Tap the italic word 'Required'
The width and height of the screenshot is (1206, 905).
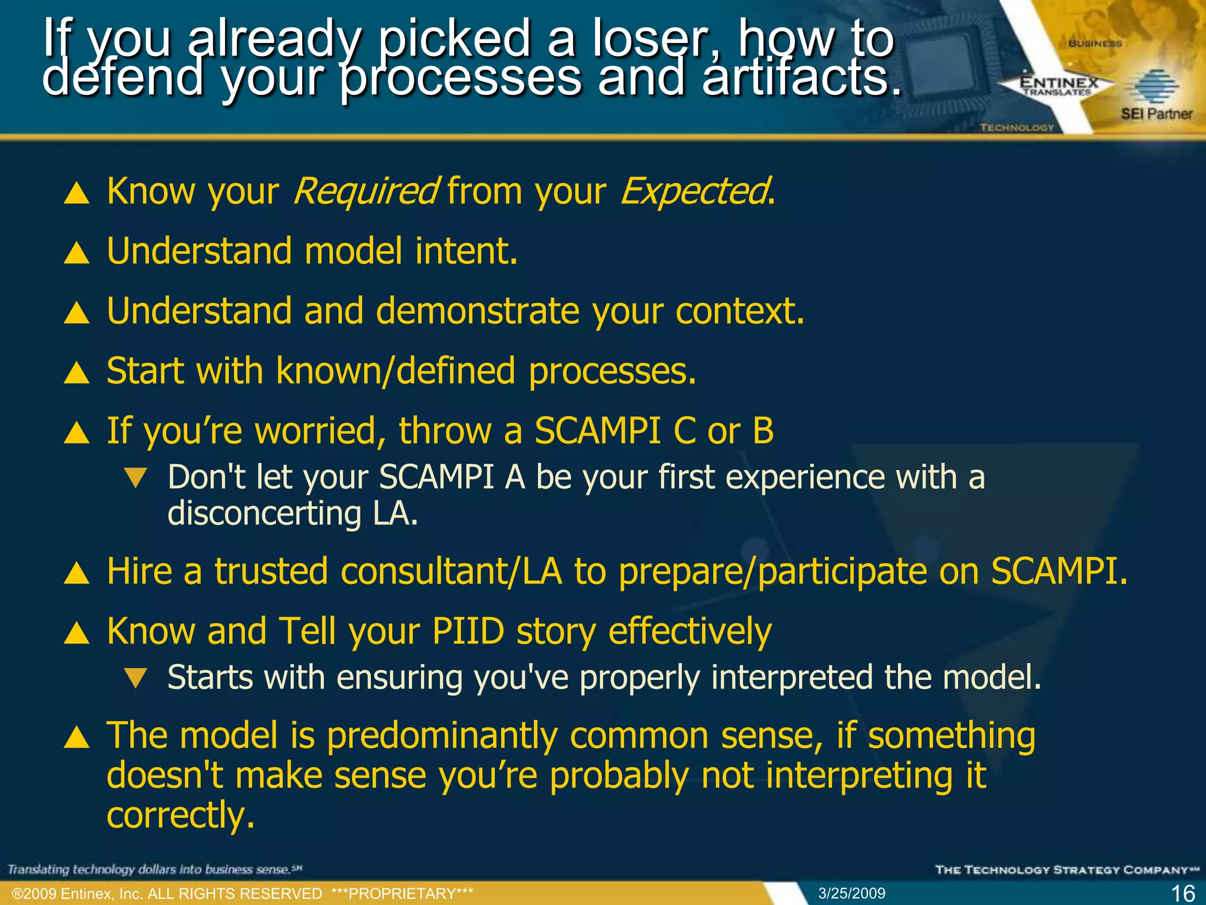tap(365, 191)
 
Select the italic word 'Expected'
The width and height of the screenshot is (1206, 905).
tap(695, 191)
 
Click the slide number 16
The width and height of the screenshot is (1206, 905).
tap(1182, 893)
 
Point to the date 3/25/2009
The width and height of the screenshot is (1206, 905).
tap(852, 893)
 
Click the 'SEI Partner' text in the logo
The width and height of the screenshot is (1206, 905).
tap(1156, 114)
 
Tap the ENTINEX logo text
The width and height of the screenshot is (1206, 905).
tap(1059, 83)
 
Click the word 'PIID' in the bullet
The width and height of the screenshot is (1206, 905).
tap(468, 632)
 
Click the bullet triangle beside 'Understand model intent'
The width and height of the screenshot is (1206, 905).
tap(77, 253)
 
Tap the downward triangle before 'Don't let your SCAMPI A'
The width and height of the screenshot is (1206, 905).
tap(136, 478)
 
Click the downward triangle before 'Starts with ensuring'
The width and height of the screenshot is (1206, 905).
tap(136, 678)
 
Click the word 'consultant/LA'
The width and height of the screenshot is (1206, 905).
tap(451, 572)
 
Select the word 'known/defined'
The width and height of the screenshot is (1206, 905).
tap(395, 371)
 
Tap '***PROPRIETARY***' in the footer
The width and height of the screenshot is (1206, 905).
tap(402, 893)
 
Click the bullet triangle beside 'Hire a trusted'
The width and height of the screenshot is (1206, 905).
tap(77, 573)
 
